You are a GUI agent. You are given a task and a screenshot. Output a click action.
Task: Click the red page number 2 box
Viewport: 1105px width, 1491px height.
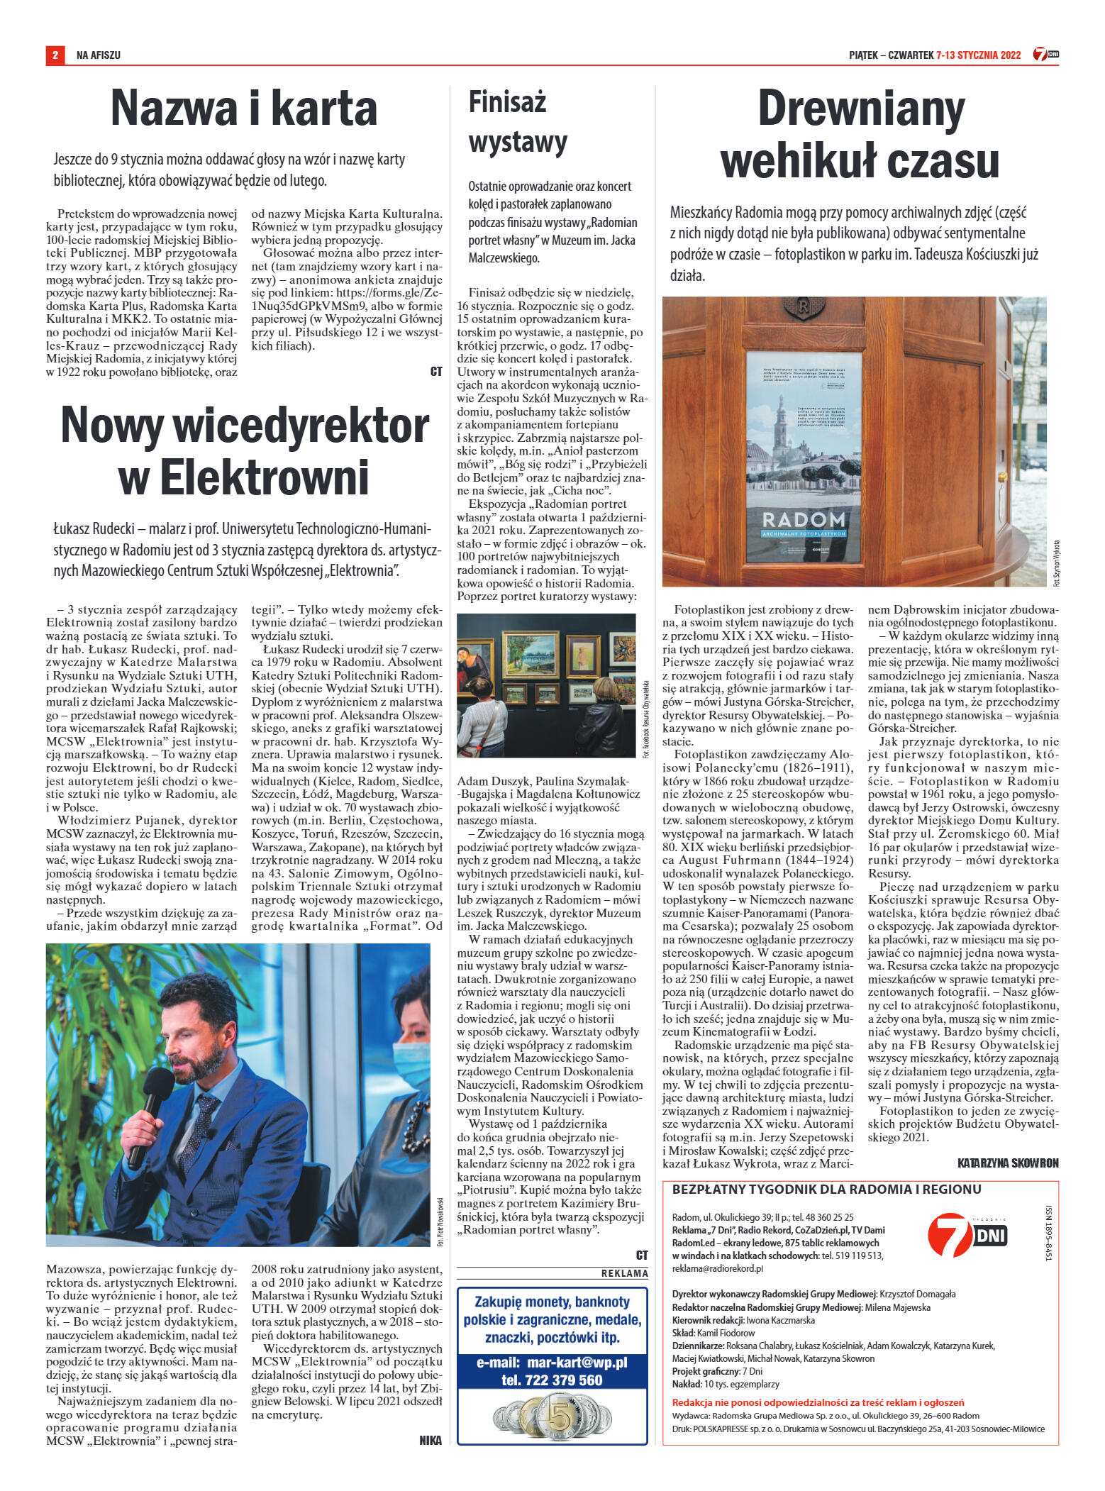coord(55,55)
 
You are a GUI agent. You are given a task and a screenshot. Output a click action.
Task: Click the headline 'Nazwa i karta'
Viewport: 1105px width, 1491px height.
coord(243,109)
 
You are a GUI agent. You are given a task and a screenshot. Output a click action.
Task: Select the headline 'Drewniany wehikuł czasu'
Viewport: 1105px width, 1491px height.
coord(860,134)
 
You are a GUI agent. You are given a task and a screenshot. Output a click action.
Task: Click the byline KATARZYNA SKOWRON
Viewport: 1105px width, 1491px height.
coord(1007,1163)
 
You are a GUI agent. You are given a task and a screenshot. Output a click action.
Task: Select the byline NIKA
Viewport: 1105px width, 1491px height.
coord(430,1440)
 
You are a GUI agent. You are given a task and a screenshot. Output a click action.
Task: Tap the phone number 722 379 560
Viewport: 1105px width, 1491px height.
coord(552,1380)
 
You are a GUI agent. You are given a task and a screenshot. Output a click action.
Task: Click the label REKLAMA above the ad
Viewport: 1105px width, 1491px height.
coord(624,1273)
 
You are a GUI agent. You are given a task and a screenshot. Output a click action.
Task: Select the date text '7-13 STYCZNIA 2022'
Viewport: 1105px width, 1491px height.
coord(978,55)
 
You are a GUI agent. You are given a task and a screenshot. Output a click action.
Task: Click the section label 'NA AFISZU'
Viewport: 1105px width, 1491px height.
coord(99,55)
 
